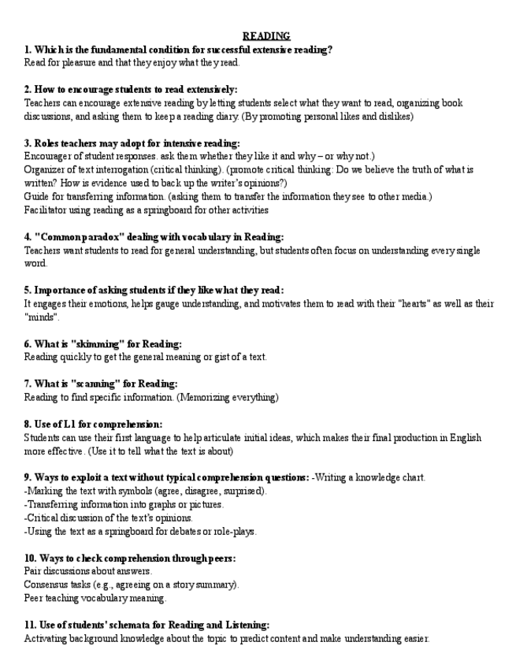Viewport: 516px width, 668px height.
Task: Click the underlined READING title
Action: [x=266, y=36]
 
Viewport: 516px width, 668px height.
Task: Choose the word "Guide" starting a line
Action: [x=36, y=196]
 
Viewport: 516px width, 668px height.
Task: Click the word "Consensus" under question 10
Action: [x=46, y=584]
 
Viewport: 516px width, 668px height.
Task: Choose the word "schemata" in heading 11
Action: [x=117, y=625]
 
